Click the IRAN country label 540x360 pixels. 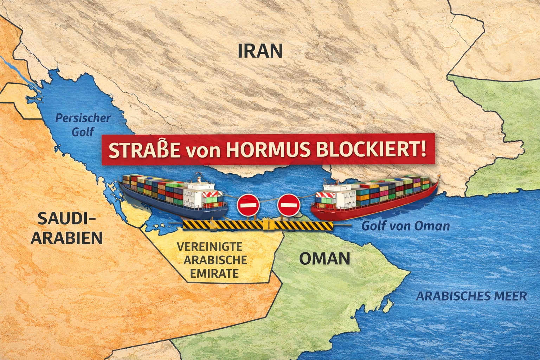click(x=260, y=51)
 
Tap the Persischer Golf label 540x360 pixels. click(x=83, y=125)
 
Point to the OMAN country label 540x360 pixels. click(x=324, y=259)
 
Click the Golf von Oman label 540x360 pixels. click(x=406, y=226)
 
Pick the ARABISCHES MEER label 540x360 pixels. click(x=471, y=296)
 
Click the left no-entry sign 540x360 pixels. click(x=248, y=205)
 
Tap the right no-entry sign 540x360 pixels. click(x=289, y=205)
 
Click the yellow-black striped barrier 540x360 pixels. click(x=257, y=225)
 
